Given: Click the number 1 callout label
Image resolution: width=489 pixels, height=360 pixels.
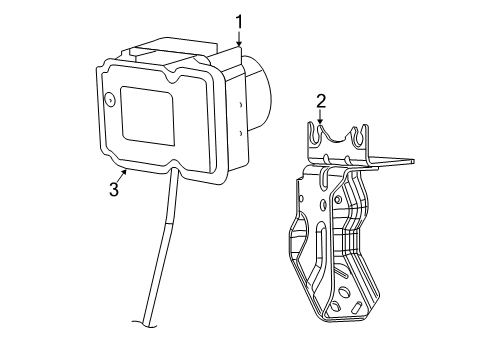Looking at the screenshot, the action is pyautogui.click(x=239, y=21).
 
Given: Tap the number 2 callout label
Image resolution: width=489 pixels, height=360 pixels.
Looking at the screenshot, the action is pyautogui.click(x=321, y=100).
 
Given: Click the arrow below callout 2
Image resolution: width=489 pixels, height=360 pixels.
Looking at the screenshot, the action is pyautogui.click(x=321, y=119).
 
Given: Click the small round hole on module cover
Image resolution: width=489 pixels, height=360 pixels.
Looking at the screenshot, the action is pyautogui.click(x=108, y=100).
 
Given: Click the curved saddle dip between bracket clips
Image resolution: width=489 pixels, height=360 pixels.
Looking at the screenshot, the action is pyautogui.click(x=338, y=140).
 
